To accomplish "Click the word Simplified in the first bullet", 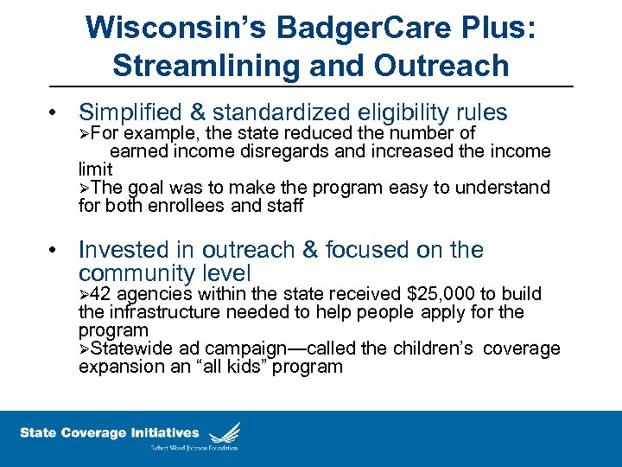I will (129, 112).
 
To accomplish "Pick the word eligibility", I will (397, 112).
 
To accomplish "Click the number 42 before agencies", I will (100, 294).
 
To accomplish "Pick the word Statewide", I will (129, 349).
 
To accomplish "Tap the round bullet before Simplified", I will (54, 113).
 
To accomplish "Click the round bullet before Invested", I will (54, 251).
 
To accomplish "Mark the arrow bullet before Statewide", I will (84, 349).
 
